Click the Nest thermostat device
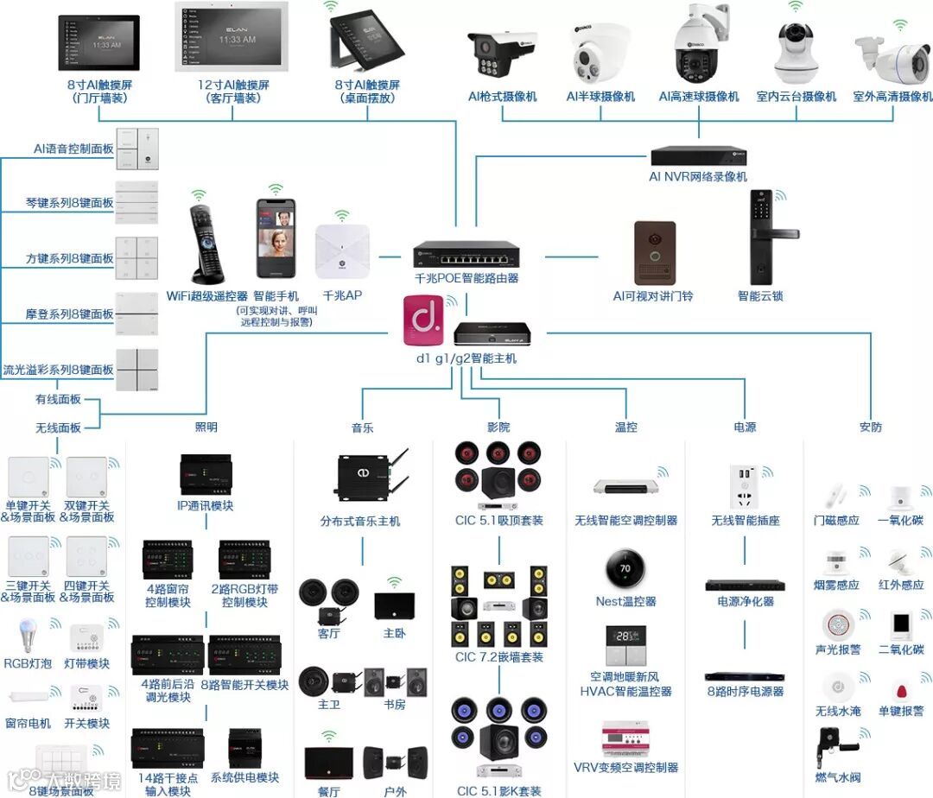click(626, 567)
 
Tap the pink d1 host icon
click(423, 321)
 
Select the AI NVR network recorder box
click(698, 156)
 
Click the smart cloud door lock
click(769, 238)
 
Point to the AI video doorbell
click(655, 252)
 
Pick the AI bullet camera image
click(501, 54)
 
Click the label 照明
click(206, 427)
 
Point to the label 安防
click(870, 427)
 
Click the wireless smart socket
click(745, 486)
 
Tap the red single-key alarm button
click(902, 692)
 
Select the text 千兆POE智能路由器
click(466, 279)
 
